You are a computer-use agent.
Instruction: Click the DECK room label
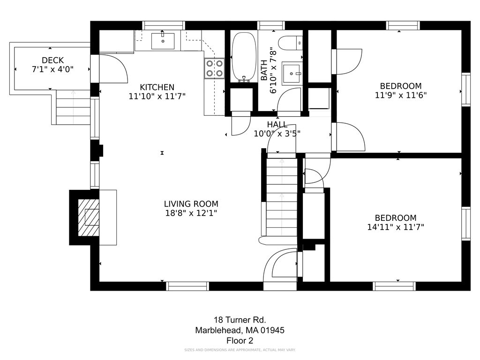click(x=52, y=60)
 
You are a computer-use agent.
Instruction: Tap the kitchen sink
click(x=163, y=41)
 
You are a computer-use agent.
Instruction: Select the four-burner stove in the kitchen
click(x=214, y=68)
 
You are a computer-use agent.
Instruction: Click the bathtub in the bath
click(x=244, y=58)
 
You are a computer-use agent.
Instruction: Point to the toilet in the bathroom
click(x=291, y=43)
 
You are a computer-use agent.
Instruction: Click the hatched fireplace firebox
click(x=89, y=217)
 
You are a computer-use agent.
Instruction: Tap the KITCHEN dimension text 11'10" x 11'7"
click(x=157, y=97)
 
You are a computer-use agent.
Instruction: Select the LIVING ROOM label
click(x=191, y=204)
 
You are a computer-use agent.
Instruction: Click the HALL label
click(x=277, y=125)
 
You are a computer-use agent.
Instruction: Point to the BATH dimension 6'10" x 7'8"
click(x=273, y=70)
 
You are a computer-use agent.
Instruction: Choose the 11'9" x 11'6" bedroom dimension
click(x=401, y=95)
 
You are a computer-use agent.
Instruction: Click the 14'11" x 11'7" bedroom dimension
click(x=396, y=227)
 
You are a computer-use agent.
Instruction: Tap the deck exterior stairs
click(x=73, y=107)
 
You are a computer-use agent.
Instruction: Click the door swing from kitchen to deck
click(x=113, y=68)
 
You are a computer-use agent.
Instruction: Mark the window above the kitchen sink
click(x=164, y=25)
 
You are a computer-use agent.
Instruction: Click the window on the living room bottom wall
click(x=187, y=286)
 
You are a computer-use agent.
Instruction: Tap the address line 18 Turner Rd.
click(x=240, y=320)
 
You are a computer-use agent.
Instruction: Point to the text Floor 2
click(x=240, y=340)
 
